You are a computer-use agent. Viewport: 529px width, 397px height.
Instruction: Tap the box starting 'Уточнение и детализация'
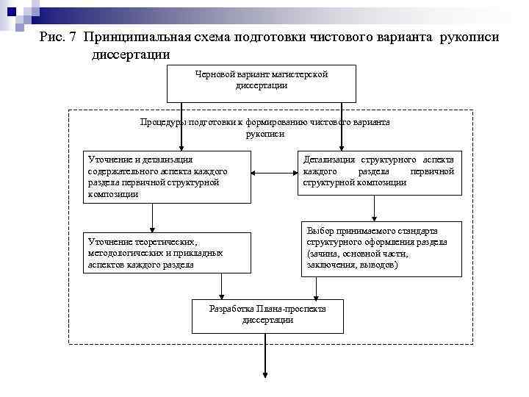pos(168,177)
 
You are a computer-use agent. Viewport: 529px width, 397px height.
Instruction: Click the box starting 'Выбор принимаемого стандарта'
pos(382,248)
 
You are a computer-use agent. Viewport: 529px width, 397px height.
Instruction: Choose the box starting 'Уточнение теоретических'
pos(168,252)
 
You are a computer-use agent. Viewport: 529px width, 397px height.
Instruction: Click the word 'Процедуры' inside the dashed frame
pos(163,123)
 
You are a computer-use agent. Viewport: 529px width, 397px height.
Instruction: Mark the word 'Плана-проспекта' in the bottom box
pos(289,309)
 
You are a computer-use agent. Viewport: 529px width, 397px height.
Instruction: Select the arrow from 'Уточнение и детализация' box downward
pos(152,218)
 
